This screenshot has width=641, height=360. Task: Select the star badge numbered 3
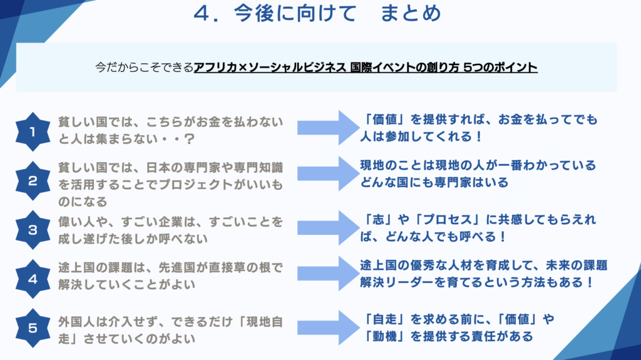33,229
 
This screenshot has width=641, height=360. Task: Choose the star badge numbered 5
33,327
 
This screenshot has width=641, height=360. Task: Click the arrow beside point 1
326,127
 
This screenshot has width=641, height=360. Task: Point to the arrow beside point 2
326,175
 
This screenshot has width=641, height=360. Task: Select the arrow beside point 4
326,272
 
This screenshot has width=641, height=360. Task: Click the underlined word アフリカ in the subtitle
213,67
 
